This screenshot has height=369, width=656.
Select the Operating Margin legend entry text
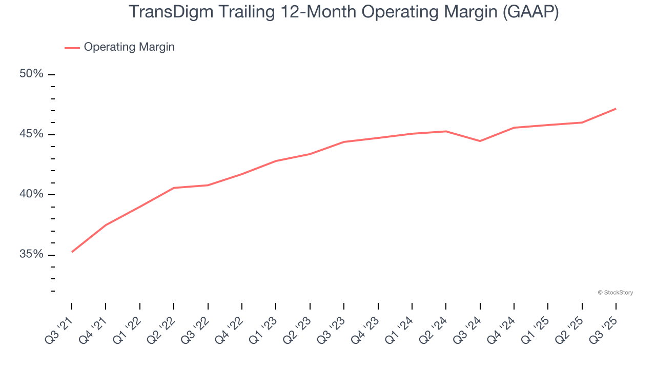129,47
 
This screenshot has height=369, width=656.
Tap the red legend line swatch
72,48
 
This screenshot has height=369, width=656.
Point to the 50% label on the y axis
31,74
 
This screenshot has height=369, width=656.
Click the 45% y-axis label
31,134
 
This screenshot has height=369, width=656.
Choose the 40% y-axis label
31,194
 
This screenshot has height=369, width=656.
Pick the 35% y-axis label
31,254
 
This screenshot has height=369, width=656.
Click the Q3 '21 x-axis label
59,328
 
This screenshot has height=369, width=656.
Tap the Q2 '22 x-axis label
161,328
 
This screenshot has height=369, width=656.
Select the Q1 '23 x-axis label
263,328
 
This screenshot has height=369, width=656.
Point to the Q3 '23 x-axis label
331,328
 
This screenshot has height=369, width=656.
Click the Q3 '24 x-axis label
467,328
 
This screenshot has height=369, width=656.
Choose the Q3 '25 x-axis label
603,328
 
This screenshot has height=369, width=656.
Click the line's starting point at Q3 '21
72,252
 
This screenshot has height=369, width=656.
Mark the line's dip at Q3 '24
480,141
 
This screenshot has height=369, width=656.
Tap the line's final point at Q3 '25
616,109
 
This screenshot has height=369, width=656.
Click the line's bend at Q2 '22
174,188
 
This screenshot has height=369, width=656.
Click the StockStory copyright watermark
615,293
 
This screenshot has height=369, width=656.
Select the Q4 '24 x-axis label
501,328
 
